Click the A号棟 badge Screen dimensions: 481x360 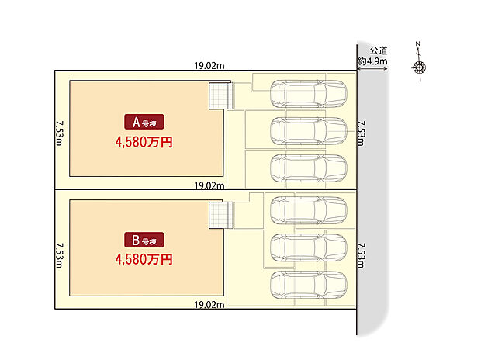pos(144,122)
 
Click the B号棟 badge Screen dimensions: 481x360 pos(144,240)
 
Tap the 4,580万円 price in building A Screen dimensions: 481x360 pos(144,142)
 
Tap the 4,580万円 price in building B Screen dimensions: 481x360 pos(144,260)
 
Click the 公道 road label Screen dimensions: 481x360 pos(379,50)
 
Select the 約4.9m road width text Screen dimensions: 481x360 pos(372,61)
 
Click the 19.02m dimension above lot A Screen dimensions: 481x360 pos(209,66)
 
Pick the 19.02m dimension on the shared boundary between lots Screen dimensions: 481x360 pos(209,185)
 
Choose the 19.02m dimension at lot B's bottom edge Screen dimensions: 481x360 pos(209,305)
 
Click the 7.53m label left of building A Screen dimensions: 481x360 pos(60,133)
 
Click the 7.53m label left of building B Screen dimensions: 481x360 pos(60,255)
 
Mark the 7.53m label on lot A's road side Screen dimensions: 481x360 pos(362,133)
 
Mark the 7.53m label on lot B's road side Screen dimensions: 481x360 pos(362,255)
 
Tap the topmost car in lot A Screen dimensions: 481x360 pos(309,94)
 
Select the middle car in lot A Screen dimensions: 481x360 pos(309,131)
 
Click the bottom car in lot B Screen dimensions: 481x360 pos(309,285)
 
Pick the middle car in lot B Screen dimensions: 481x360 pos(309,247)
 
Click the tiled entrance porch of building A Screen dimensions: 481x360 pos(221,95)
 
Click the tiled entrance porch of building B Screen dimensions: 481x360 pos(221,215)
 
